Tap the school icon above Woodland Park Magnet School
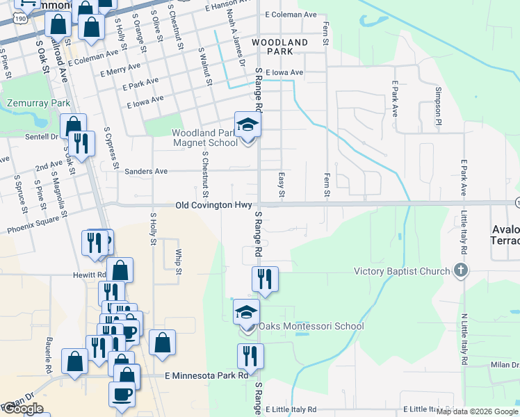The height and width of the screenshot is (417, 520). point(247,125)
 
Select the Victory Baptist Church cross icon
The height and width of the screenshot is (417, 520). point(460,271)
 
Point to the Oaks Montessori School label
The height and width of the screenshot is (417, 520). point(311,326)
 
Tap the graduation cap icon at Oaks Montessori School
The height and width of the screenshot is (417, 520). point(246,312)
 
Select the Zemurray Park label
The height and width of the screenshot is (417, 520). point(39,103)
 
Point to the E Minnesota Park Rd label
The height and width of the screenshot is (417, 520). point(206,375)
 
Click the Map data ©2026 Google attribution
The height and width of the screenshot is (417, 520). point(477,411)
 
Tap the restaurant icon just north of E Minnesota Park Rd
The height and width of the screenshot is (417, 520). point(250,356)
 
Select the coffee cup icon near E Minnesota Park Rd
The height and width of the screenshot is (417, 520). point(122,393)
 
